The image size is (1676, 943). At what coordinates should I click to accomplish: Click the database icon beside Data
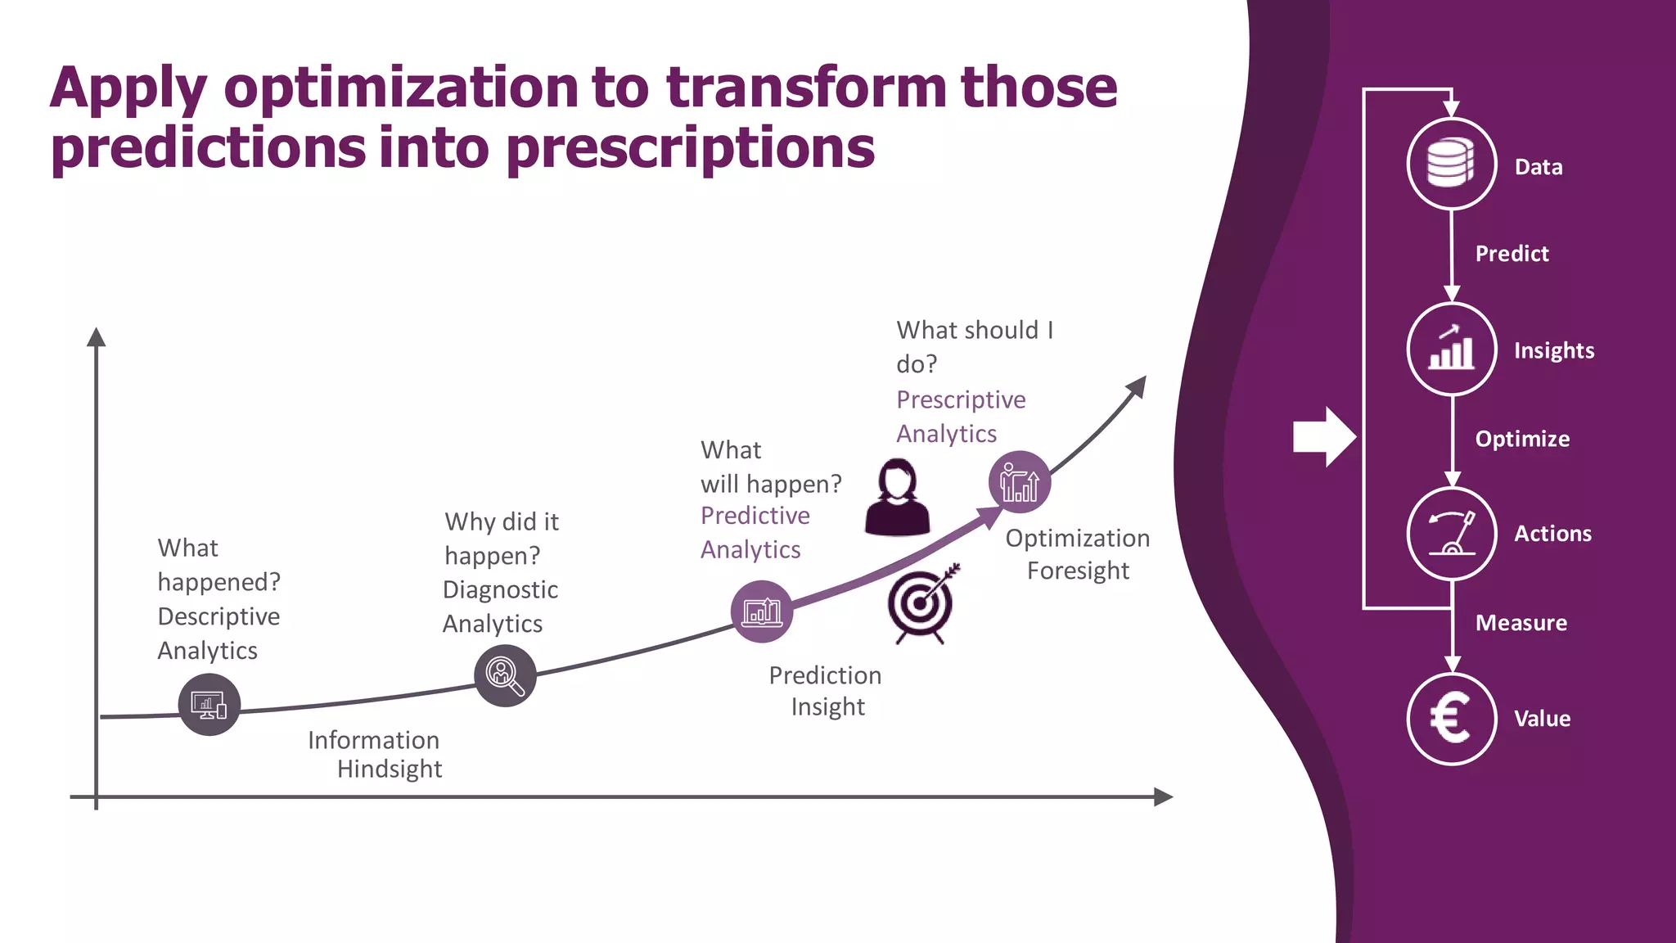tap(1451, 164)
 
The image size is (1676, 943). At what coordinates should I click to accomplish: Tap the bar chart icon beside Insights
tap(1451, 350)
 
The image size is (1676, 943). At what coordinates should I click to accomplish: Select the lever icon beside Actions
tap(1451, 534)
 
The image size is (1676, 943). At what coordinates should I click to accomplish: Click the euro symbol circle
tap(1451, 719)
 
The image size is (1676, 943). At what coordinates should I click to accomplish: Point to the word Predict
tap(1512, 254)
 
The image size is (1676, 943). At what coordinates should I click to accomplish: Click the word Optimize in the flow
tap(1522, 439)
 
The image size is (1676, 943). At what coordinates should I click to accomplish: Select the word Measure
tap(1521, 623)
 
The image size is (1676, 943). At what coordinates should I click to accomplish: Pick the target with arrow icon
tap(922, 604)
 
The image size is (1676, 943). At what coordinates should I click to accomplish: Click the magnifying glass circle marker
tap(505, 675)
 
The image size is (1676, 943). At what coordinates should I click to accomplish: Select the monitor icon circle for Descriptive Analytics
tap(209, 704)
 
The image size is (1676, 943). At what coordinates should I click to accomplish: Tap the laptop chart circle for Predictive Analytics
tap(762, 611)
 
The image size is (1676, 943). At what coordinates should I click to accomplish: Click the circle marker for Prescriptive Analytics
tap(1019, 482)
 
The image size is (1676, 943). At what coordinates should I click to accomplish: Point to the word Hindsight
tap(390, 769)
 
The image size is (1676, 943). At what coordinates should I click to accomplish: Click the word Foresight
tap(1078, 571)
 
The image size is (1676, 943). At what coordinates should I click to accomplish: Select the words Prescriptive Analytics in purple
tap(960, 416)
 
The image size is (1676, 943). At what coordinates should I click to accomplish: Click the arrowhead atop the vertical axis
tap(97, 337)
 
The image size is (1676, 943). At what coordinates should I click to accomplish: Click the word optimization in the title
tap(401, 88)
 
